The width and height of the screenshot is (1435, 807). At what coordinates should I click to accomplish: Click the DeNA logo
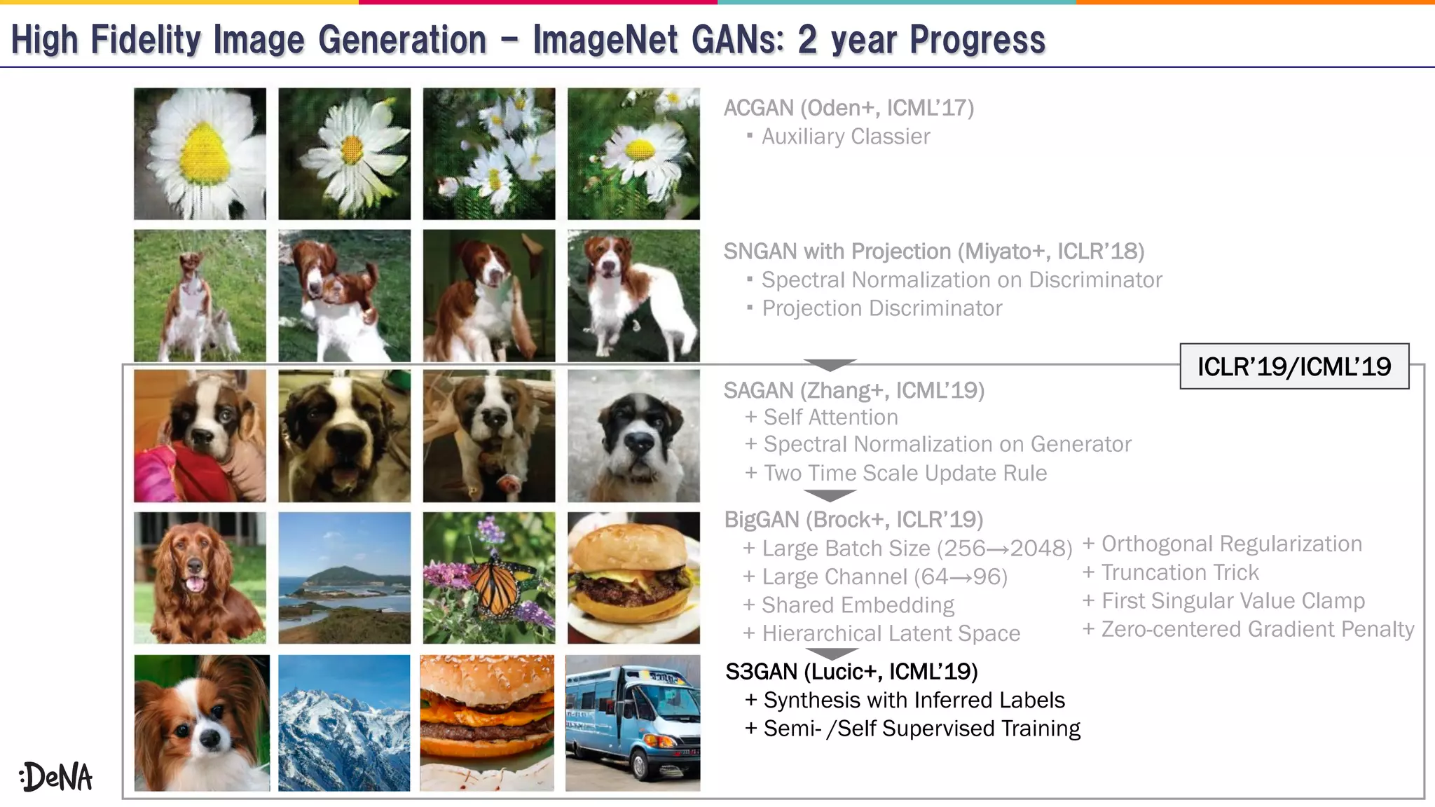(56, 777)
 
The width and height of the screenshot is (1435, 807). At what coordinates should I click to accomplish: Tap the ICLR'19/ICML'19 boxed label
(1293, 366)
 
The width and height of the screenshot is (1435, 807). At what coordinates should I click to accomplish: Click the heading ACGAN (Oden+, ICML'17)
(849, 108)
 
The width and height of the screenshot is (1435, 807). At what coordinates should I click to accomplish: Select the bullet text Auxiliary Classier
(845, 137)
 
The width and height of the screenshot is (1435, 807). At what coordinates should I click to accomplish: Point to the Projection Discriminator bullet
(881, 308)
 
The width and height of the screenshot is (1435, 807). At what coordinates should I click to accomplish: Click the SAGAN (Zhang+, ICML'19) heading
(853, 390)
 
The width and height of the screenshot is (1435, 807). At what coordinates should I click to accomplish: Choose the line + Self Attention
(821, 418)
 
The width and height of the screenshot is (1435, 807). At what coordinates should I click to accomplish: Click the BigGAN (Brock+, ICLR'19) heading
(853, 520)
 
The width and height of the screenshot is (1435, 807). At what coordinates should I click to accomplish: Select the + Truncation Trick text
(1171, 573)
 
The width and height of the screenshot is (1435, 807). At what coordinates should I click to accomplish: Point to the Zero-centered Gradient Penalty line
(1249, 630)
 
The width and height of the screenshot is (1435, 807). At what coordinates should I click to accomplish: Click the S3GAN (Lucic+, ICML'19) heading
(851, 672)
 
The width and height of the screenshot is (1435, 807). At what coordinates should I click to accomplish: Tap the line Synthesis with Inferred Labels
(905, 701)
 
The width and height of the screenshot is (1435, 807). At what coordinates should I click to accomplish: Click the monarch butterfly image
(489, 578)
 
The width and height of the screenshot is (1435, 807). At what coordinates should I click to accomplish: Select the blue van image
(633, 723)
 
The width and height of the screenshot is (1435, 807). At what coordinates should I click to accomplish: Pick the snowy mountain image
(344, 723)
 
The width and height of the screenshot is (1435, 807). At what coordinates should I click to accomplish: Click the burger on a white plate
(633, 578)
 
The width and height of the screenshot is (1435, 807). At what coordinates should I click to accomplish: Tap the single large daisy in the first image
(200, 153)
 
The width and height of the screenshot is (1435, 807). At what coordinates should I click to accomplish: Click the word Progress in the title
(977, 40)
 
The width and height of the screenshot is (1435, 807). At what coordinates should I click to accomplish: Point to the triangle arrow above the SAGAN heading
(830, 365)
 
